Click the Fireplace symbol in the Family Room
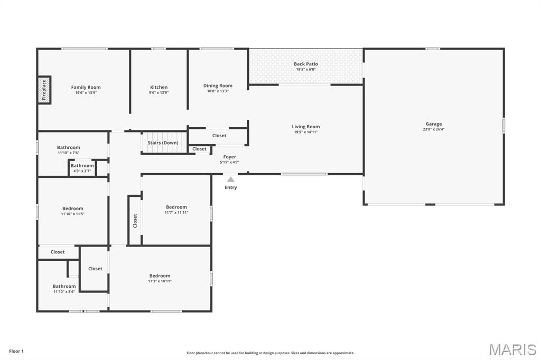click(x=44, y=90)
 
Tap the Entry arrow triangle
click(x=231, y=179)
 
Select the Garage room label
click(x=434, y=124)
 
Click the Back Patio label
click(x=305, y=64)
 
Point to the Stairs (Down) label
click(x=163, y=143)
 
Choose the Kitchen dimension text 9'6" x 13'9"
click(x=159, y=93)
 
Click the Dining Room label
click(x=218, y=86)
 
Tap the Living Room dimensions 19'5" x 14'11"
click(x=306, y=132)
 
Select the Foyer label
click(x=229, y=157)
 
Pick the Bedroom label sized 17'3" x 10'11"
click(x=160, y=276)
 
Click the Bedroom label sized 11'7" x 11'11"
click(x=176, y=207)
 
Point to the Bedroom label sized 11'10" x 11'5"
click(x=72, y=209)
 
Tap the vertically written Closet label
click(x=135, y=220)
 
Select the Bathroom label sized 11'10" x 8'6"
click(x=64, y=286)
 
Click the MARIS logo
click(x=512, y=349)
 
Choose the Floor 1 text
click(x=16, y=351)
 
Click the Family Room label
click(x=86, y=87)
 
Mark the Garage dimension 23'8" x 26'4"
click(x=434, y=129)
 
